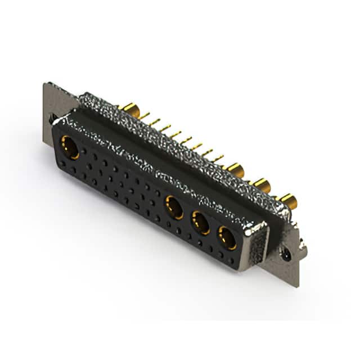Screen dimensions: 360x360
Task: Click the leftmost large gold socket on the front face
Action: [70, 147]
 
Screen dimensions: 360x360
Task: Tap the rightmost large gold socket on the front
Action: [227, 238]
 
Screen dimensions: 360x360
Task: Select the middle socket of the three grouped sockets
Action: [201, 223]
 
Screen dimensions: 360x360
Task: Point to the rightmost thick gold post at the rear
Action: [287, 200]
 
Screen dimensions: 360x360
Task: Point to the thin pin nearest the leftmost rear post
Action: [145, 116]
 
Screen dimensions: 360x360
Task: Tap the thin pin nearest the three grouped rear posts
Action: [219, 159]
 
